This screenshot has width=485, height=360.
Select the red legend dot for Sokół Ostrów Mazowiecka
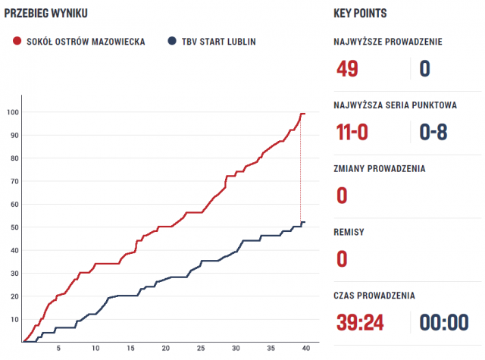point(17,42)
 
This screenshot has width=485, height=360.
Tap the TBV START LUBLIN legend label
point(219,42)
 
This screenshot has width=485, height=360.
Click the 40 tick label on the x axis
point(306,349)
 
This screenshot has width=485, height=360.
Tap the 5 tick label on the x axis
point(59,349)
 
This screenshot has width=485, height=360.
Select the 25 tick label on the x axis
point(200,349)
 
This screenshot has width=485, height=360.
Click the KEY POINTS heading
point(360,13)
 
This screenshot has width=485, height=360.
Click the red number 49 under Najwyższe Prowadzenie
point(346,69)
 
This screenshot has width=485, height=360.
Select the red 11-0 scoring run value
point(352,133)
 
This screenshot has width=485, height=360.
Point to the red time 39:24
point(359,323)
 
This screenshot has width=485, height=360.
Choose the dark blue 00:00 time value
point(444,323)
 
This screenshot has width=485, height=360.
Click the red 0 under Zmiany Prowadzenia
point(342,196)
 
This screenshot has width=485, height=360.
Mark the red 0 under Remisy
point(342,259)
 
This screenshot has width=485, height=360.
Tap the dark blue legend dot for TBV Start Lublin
point(173,42)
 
